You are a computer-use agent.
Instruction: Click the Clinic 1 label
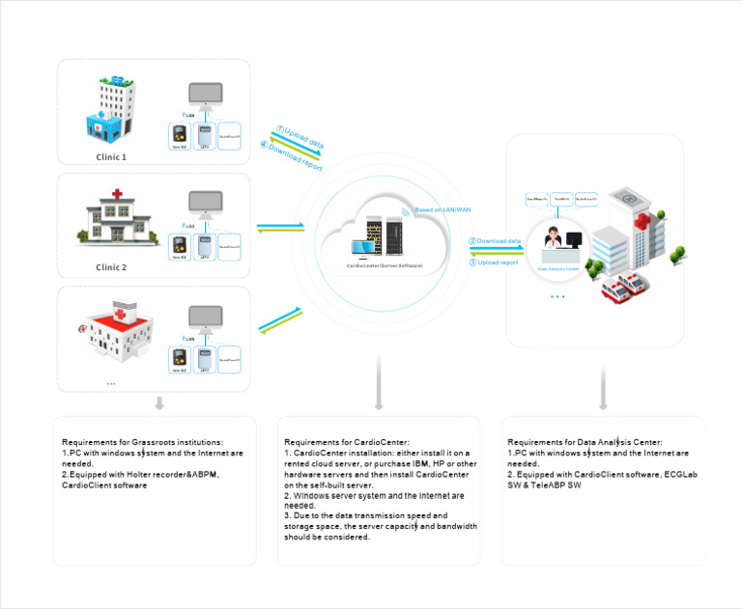pos(111,155)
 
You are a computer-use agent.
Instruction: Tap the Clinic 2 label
pos(111,267)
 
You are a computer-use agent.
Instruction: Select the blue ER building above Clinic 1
pos(108,111)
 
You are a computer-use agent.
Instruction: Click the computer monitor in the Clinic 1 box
pos(204,97)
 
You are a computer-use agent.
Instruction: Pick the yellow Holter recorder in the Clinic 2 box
pos(179,247)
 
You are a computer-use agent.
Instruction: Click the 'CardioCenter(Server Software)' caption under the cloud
pos(385,264)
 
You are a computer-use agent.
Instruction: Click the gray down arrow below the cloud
pos(379,396)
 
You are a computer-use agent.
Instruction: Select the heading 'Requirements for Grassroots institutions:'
pos(142,441)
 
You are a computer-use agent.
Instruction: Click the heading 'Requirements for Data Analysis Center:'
pos(585,441)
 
